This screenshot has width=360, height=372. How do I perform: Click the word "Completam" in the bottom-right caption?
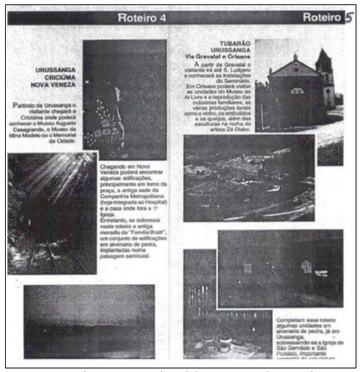click(291, 318)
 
